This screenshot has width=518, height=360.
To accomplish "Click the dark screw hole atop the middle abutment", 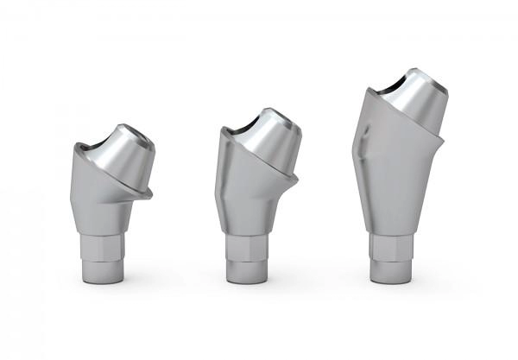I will coord(265,113).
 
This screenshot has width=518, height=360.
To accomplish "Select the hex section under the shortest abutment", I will coord(104,248).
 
